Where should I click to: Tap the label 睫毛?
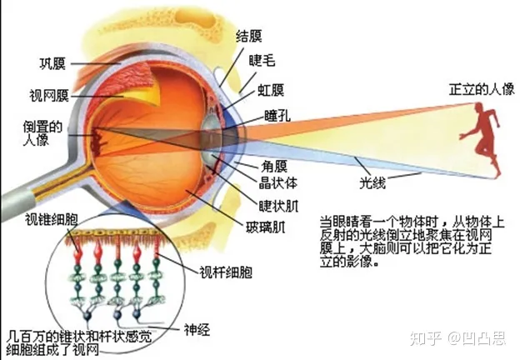(x=262, y=61)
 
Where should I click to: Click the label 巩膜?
(x=52, y=64)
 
